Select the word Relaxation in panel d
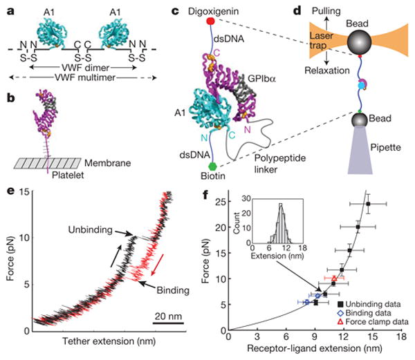pos(316,78)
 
